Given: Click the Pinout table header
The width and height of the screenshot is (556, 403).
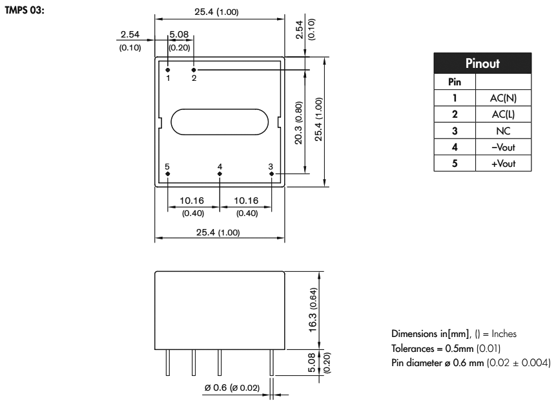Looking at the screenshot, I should click(490, 66).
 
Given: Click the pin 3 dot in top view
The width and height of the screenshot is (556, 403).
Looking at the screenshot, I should click(272, 173).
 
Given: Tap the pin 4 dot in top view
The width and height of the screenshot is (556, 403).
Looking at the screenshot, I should click(220, 173).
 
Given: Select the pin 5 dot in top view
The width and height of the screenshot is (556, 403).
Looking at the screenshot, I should click(168, 173).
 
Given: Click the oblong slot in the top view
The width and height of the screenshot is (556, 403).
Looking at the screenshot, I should click(220, 122).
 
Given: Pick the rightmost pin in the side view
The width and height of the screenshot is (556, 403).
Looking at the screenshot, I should click(272, 363).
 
